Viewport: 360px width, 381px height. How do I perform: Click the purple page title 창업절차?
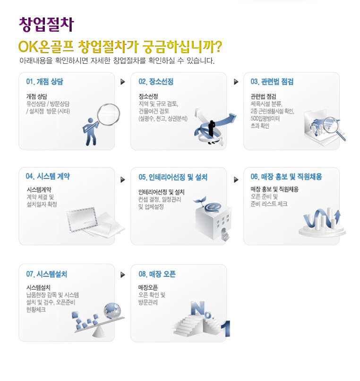coord(46,24)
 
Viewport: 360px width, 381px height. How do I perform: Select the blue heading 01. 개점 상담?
coord(44,82)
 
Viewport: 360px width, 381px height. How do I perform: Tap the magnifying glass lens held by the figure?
coord(108,114)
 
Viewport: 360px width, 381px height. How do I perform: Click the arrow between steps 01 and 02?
coord(123,82)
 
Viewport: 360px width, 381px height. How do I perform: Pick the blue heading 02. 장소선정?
coord(156,82)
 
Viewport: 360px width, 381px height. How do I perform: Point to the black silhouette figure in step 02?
coord(212,132)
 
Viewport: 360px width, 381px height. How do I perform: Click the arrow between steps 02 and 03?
coord(236,82)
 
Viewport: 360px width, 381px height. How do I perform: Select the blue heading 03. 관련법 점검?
coord(272,82)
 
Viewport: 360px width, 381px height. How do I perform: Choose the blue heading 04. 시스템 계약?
coord(48,176)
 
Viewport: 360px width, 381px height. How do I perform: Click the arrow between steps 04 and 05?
coord(123,180)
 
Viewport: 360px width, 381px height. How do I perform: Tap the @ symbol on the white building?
coord(213,207)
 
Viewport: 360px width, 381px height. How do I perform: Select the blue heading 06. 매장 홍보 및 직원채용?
coord(286,177)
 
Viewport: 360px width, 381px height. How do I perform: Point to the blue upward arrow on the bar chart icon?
coord(337,217)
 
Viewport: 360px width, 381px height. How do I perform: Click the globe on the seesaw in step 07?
coord(112,311)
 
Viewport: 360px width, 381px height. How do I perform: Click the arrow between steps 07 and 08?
coord(123,275)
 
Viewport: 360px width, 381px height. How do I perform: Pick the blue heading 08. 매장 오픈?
coord(157,274)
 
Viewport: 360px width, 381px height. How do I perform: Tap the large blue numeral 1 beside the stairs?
coord(226,329)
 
